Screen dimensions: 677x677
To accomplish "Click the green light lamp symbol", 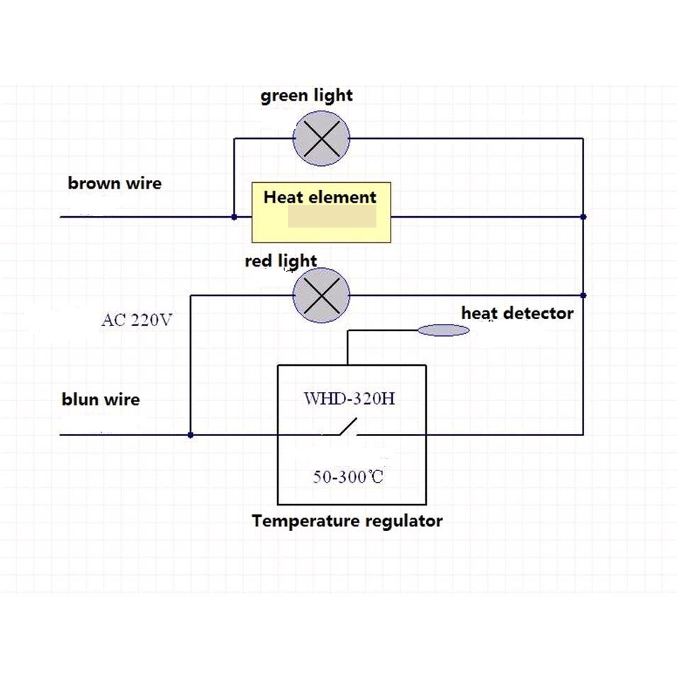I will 322,138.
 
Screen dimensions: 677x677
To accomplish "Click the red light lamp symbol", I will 322,294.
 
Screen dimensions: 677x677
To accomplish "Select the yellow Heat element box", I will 321,212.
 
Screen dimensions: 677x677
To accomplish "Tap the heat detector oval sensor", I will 443,330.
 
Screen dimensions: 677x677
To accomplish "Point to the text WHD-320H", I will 349,398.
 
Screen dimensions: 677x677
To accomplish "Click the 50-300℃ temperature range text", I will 348,476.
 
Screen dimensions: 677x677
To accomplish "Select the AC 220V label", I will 137,320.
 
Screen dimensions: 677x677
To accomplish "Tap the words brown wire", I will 114,184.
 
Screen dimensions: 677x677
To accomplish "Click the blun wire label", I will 101,400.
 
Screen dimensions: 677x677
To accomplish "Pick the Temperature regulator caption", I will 347,522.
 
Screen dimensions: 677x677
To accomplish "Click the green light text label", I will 306,96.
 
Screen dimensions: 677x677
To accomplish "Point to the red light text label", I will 281,262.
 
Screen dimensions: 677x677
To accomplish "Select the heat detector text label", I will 517,313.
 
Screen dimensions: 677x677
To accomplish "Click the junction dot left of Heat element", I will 235,217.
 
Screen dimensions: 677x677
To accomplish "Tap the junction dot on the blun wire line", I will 191,435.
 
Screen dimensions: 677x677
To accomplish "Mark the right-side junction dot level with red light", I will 583,295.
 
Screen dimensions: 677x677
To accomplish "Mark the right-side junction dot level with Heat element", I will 583,217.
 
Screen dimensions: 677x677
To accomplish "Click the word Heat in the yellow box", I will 284,198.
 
